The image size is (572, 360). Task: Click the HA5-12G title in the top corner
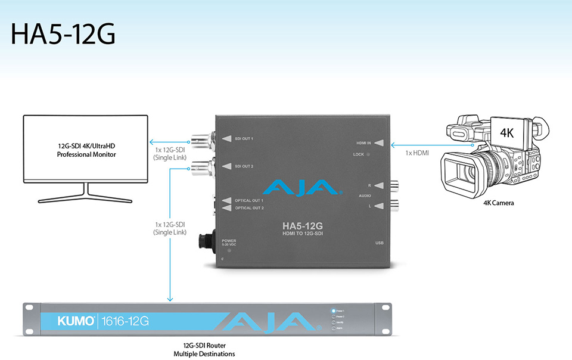[x=63, y=35]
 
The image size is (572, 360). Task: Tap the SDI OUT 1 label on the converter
[x=244, y=139]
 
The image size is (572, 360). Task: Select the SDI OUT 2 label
[x=244, y=166]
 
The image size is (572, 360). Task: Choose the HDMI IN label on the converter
[x=364, y=142]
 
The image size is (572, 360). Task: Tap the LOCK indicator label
[x=357, y=155]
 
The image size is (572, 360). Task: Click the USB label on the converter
[x=380, y=243]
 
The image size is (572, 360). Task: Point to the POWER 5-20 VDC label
[x=229, y=243]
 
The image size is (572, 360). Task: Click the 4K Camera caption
[x=499, y=203]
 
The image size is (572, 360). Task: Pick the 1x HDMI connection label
[x=416, y=154]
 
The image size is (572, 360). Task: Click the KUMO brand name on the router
[x=76, y=321]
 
